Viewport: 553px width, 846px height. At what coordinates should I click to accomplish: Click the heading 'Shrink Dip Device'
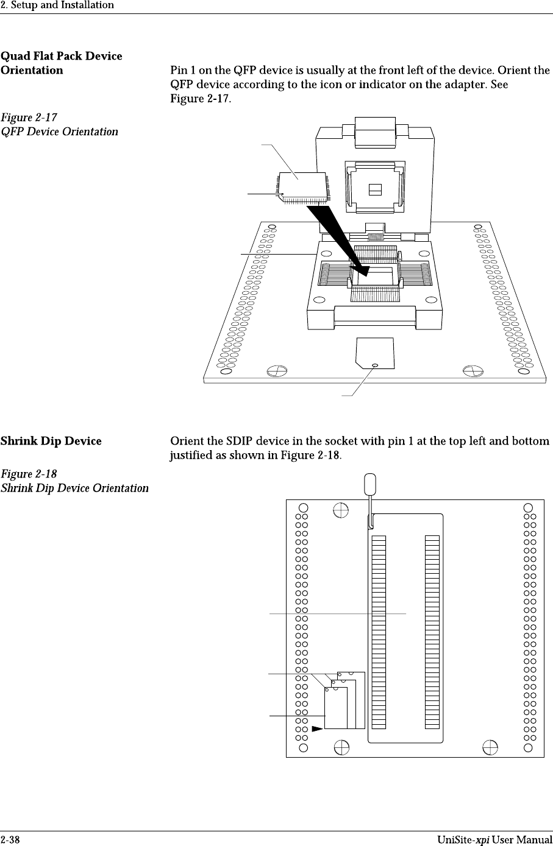tap(51, 441)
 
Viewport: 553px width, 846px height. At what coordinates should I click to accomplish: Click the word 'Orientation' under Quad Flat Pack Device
tap(32, 70)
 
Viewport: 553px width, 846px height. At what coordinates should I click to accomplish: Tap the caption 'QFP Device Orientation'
tap(60, 132)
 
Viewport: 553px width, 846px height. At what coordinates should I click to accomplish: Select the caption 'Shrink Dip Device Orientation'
tap(74, 488)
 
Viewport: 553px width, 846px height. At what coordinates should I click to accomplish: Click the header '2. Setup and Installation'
tap(57, 5)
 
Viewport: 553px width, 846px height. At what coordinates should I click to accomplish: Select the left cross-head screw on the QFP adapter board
tap(276, 371)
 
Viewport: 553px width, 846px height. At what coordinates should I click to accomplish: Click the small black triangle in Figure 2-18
tap(317, 728)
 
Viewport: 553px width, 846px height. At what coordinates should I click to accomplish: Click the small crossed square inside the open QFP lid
tap(376, 189)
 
